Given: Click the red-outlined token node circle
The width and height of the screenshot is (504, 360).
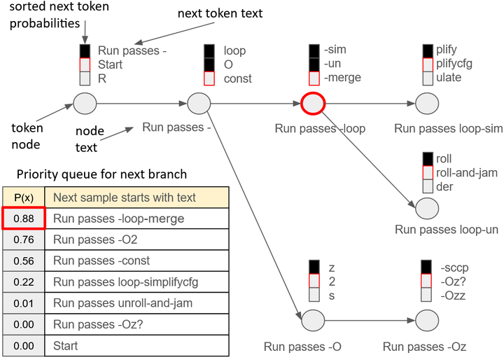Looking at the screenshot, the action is pos(313,104).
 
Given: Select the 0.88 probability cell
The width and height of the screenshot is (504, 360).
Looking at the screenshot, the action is pos(24,219).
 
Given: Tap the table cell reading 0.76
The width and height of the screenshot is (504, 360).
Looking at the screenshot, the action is pos(24,240).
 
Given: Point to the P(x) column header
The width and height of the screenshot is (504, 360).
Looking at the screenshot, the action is pos(24,198).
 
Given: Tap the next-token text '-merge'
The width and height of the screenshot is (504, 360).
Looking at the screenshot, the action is pos(342,78).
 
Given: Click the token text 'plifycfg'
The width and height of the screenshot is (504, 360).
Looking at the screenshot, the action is pos(454,64).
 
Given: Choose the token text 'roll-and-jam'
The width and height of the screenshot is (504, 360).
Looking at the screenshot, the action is pos(467,173).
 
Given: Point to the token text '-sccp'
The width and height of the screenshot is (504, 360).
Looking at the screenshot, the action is pos(454,268).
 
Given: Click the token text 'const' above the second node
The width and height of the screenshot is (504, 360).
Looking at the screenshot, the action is pos(238,78).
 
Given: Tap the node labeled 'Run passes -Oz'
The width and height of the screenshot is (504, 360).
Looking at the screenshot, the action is pos(427,321).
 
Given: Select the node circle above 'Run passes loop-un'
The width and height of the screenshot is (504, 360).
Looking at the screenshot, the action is pos(427,209).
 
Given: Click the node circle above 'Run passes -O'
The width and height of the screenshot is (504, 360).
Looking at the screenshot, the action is pos(313,321).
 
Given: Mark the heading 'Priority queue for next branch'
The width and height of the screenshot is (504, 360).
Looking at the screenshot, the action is pos(101,174).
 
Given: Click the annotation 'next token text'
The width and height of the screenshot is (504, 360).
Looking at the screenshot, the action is pos(220,13).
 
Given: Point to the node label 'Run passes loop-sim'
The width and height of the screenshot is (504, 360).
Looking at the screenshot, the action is pos(449,128).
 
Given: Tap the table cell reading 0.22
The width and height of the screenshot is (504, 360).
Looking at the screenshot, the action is pos(24,282).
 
